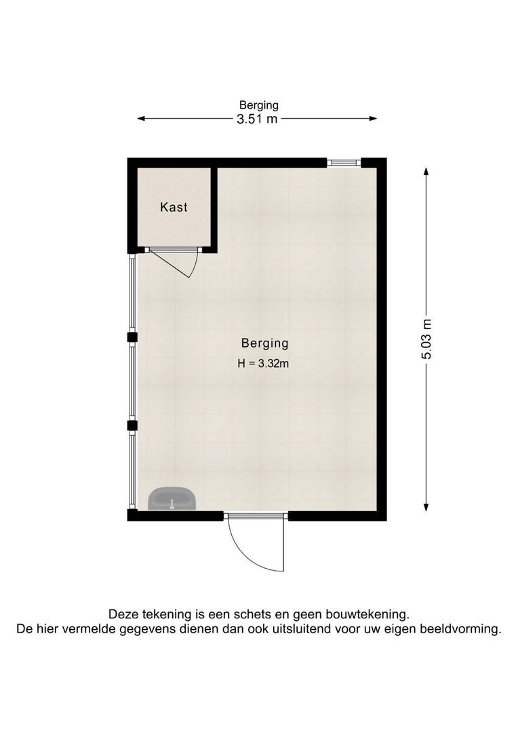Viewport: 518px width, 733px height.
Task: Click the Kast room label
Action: click(x=174, y=207)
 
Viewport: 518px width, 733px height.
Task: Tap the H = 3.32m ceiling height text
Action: click(x=264, y=363)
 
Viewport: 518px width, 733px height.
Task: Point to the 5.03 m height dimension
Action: click(x=426, y=339)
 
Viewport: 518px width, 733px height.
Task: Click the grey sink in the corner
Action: click(x=172, y=499)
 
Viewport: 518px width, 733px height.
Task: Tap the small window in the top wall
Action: click(x=344, y=162)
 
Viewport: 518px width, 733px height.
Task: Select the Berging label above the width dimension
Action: click(x=258, y=105)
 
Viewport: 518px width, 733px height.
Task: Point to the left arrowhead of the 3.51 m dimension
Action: click(x=141, y=119)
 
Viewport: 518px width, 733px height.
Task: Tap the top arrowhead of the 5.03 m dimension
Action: click(x=426, y=172)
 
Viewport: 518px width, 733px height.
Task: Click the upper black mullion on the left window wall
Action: click(x=132, y=337)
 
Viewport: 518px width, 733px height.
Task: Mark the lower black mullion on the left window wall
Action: click(x=132, y=426)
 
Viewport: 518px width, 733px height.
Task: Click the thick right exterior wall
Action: click(x=382, y=339)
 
